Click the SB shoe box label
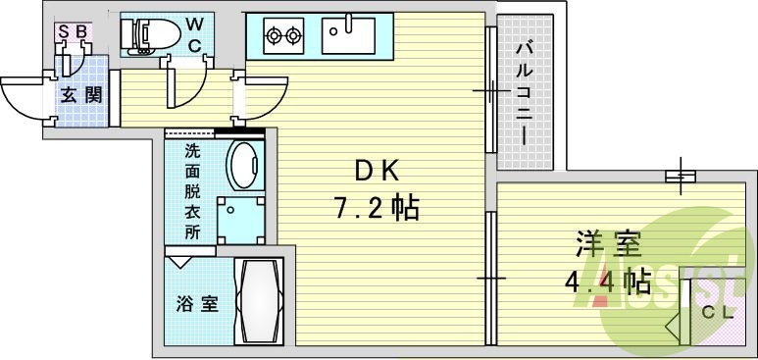tap(73, 31)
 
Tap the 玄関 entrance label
tap(80, 94)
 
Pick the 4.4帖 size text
tap(608, 282)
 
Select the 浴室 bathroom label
tap(196, 304)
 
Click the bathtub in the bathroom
tap(258, 300)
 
